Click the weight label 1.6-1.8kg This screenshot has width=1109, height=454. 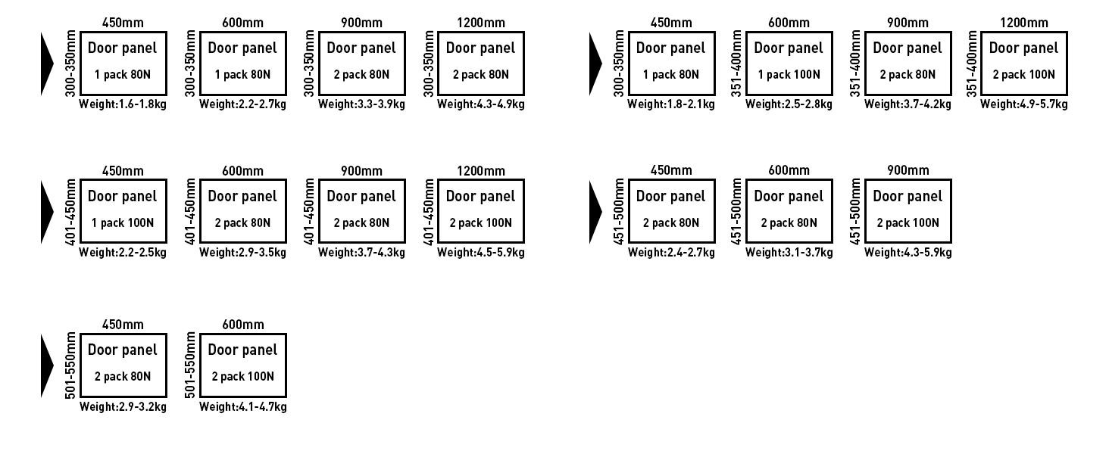click(x=123, y=104)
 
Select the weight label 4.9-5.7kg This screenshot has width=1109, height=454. click(x=1023, y=104)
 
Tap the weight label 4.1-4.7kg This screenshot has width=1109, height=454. click(x=242, y=407)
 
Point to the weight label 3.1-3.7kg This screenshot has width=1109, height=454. click(x=789, y=253)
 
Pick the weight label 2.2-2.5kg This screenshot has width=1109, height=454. click(x=123, y=253)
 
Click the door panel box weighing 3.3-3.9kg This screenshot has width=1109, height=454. click(x=361, y=63)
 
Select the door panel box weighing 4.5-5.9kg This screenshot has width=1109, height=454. click(x=480, y=211)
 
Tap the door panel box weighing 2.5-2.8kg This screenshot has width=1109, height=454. click(x=789, y=63)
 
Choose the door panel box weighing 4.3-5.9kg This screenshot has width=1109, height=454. click(x=908, y=211)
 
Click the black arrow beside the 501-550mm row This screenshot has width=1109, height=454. click(x=47, y=366)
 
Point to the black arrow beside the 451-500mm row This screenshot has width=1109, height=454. click(x=595, y=211)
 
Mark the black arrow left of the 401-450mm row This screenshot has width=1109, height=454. click(x=47, y=211)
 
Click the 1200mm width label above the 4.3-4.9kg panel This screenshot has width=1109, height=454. click(x=480, y=23)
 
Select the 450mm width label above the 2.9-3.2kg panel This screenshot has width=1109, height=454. click(x=123, y=325)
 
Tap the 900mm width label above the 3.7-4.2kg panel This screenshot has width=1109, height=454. click(x=908, y=23)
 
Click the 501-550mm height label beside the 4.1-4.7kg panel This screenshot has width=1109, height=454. click(x=190, y=366)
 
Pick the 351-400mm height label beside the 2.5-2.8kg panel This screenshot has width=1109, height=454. click(x=737, y=63)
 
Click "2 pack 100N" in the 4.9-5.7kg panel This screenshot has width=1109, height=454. click(x=1023, y=75)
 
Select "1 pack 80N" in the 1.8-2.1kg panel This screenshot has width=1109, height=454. click(x=670, y=75)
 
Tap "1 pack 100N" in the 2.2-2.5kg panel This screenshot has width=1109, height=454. click(x=123, y=223)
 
